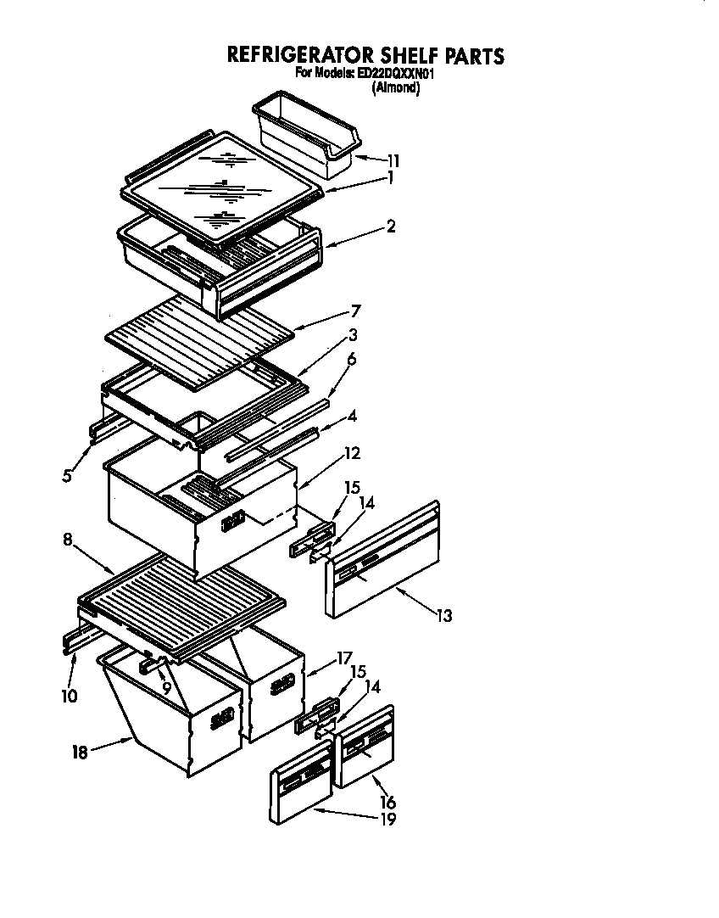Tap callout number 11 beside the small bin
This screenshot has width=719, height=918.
(x=393, y=160)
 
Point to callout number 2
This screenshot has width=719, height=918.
(x=390, y=227)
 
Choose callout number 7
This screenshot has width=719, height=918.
(x=356, y=311)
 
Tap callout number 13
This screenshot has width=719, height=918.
(x=444, y=616)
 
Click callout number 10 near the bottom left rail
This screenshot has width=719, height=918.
(x=70, y=696)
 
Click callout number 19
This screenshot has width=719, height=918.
(x=387, y=819)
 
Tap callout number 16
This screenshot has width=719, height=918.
(x=387, y=802)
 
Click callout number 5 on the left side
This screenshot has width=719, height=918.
(x=66, y=476)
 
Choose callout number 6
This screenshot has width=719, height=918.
(x=351, y=359)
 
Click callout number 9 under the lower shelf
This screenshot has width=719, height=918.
(x=166, y=687)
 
